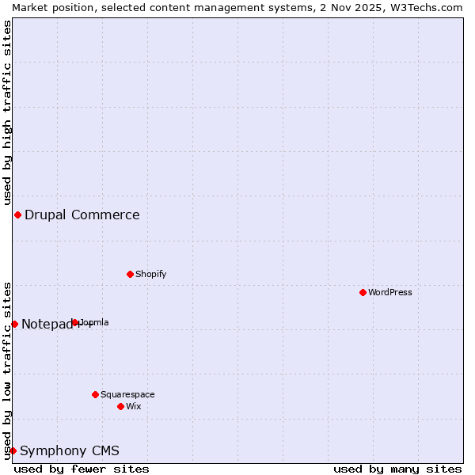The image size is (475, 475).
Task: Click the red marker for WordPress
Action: pyautogui.click(x=363, y=292)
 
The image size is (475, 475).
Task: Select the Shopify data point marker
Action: pyautogui.click(x=130, y=274)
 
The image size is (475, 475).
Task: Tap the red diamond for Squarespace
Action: pyautogui.click(x=95, y=394)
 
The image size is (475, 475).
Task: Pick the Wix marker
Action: pyautogui.click(x=120, y=406)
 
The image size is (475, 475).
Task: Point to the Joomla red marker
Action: pyautogui.click(x=75, y=322)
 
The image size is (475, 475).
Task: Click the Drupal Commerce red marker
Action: pyautogui.click(x=17, y=215)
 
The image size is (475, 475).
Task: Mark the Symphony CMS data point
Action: pyautogui.click(x=13, y=450)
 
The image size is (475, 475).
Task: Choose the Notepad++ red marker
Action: pyautogui.click(x=14, y=324)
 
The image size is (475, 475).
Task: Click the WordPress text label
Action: pyautogui.click(x=390, y=292)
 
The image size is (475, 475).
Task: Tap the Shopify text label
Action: pyautogui.click(x=150, y=274)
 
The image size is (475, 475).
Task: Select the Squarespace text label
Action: pyautogui.click(x=127, y=394)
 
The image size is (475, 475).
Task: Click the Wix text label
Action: pyautogui.click(x=134, y=406)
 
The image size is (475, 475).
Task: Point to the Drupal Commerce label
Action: pyautogui.click(x=82, y=215)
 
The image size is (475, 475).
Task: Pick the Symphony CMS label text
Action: pyautogui.click(x=70, y=451)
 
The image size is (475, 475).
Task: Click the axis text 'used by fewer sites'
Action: pyautogui.click(x=82, y=469)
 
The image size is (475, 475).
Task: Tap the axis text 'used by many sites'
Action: pyautogui.click(x=397, y=469)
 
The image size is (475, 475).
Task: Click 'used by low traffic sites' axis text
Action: pyautogui.click(x=7, y=370)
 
